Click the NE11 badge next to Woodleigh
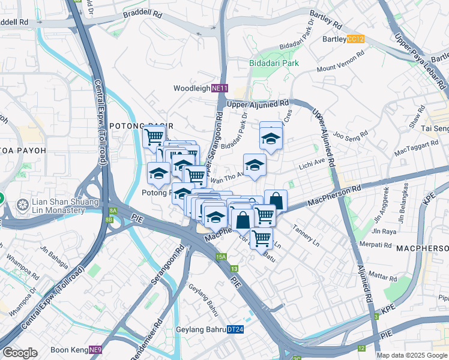[x=220, y=88]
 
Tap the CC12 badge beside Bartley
[x=355, y=39]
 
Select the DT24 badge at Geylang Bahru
[x=235, y=329]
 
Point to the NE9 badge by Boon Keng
[x=95, y=349]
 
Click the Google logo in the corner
[x=20, y=353]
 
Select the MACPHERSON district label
[x=422, y=248]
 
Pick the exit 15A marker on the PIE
[x=221, y=257]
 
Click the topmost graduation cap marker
[x=271, y=138]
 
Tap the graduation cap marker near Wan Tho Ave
[x=255, y=164]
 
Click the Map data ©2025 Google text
[x=412, y=355]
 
